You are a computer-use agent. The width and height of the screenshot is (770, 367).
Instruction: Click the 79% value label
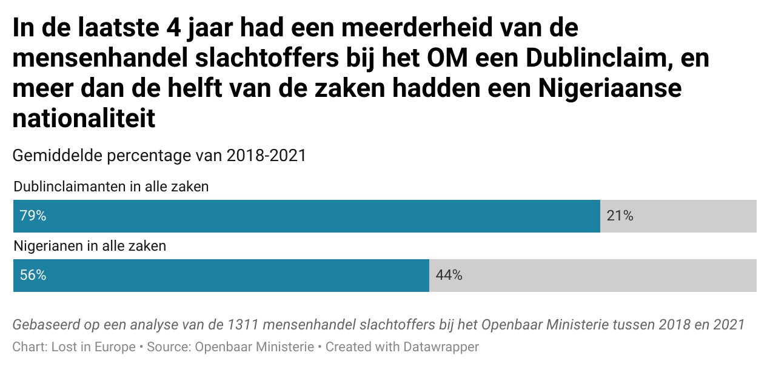pyautogui.click(x=33, y=216)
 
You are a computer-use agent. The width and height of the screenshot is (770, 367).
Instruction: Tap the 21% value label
pyautogui.click(x=620, y=216)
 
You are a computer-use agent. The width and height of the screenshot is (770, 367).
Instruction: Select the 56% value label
pyautogui.click(x=33, y=275)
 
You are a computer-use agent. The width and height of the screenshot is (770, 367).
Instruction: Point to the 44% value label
pyautogui.click(x=449, y=275)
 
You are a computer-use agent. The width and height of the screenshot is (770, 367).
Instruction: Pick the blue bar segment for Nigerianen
pyautogui.click(x=230, y=275)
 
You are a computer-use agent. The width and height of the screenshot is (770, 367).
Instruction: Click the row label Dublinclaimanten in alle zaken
pyautogui.click(x=111, y=187)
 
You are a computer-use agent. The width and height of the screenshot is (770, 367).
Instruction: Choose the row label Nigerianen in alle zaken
pyautogui.click(x=90, y=246)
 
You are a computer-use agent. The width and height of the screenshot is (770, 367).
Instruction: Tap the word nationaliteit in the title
pyautogui.click(x=84, y=119)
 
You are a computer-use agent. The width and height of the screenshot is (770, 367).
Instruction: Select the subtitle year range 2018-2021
pyautogui.click(x=266, y=156)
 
